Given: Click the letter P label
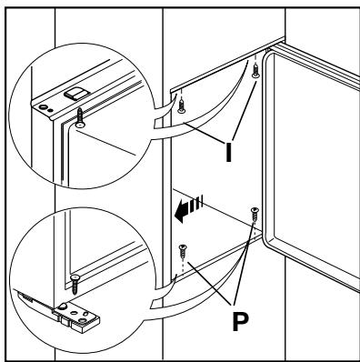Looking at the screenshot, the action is [240, 321].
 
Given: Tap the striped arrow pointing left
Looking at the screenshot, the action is [188, 209].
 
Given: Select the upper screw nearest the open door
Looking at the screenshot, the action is [255, 70].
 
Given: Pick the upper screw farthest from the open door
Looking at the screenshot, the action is [181, 106].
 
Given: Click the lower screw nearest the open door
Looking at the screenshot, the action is [255, 215].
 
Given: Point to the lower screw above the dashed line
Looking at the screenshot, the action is [183, 251].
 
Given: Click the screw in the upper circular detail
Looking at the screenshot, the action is [80, 118].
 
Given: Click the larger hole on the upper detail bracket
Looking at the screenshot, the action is [43, 106].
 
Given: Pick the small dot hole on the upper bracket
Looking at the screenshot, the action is [51, 110].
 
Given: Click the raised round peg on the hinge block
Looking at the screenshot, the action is [63, 307].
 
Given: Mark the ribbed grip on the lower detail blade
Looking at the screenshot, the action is [25, 297].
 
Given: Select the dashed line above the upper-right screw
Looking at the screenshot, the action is [255, 58].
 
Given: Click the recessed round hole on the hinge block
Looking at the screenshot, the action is [82, 320].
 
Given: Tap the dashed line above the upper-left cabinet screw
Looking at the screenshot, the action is [181, 95].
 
